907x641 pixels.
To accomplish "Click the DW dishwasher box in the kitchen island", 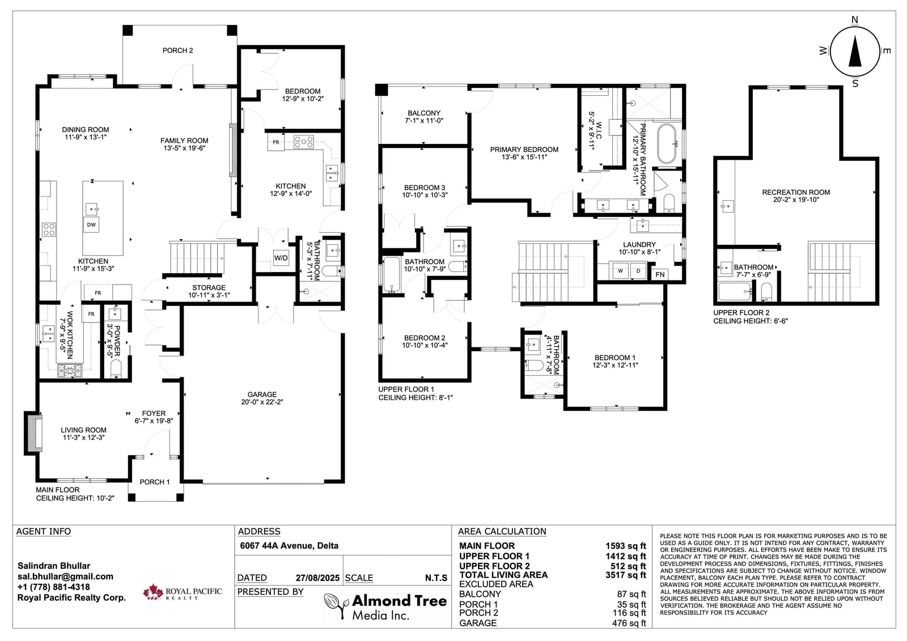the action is click(91, 225).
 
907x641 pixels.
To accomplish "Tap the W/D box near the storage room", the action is click(281, 258).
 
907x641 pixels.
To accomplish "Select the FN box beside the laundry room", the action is click(660, 274).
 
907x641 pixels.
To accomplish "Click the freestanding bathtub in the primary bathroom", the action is click(666, 144).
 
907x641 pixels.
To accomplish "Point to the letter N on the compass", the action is click(855, 20).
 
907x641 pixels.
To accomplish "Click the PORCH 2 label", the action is click(178, 50).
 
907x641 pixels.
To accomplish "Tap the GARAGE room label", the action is click(262, 394).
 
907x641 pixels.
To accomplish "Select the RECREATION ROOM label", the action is click(796, 192).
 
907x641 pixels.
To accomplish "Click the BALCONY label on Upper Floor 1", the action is click(424, 113).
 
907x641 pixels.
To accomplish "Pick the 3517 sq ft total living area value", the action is click(626, 575).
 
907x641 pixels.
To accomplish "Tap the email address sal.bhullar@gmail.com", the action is click(65, 576).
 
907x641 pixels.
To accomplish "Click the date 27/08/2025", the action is click(317, 578).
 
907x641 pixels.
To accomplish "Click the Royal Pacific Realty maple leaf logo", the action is click(152, 592).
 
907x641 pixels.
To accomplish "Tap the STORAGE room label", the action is click(209, 287).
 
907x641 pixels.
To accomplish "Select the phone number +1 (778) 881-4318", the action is click(53, 587).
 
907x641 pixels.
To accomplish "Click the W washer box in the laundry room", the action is click(620, 271).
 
